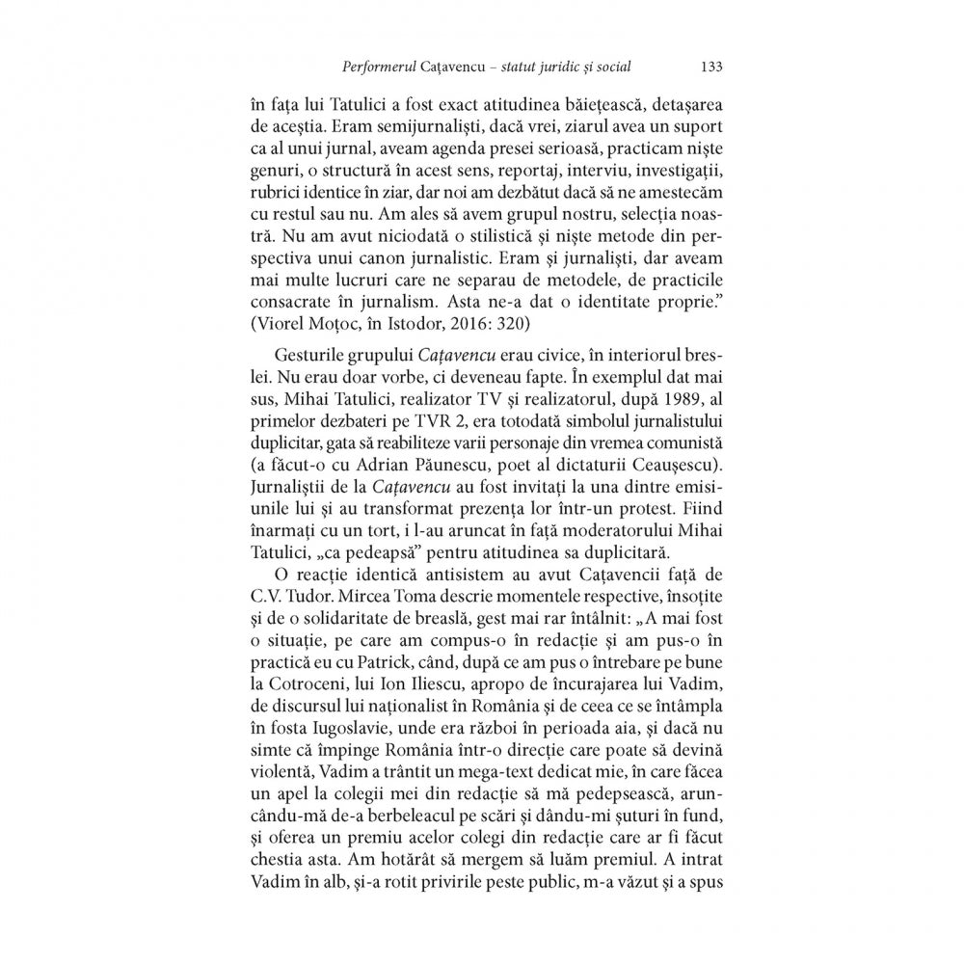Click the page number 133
[x=711, y=67]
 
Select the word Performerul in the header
[x=377, y=67]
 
